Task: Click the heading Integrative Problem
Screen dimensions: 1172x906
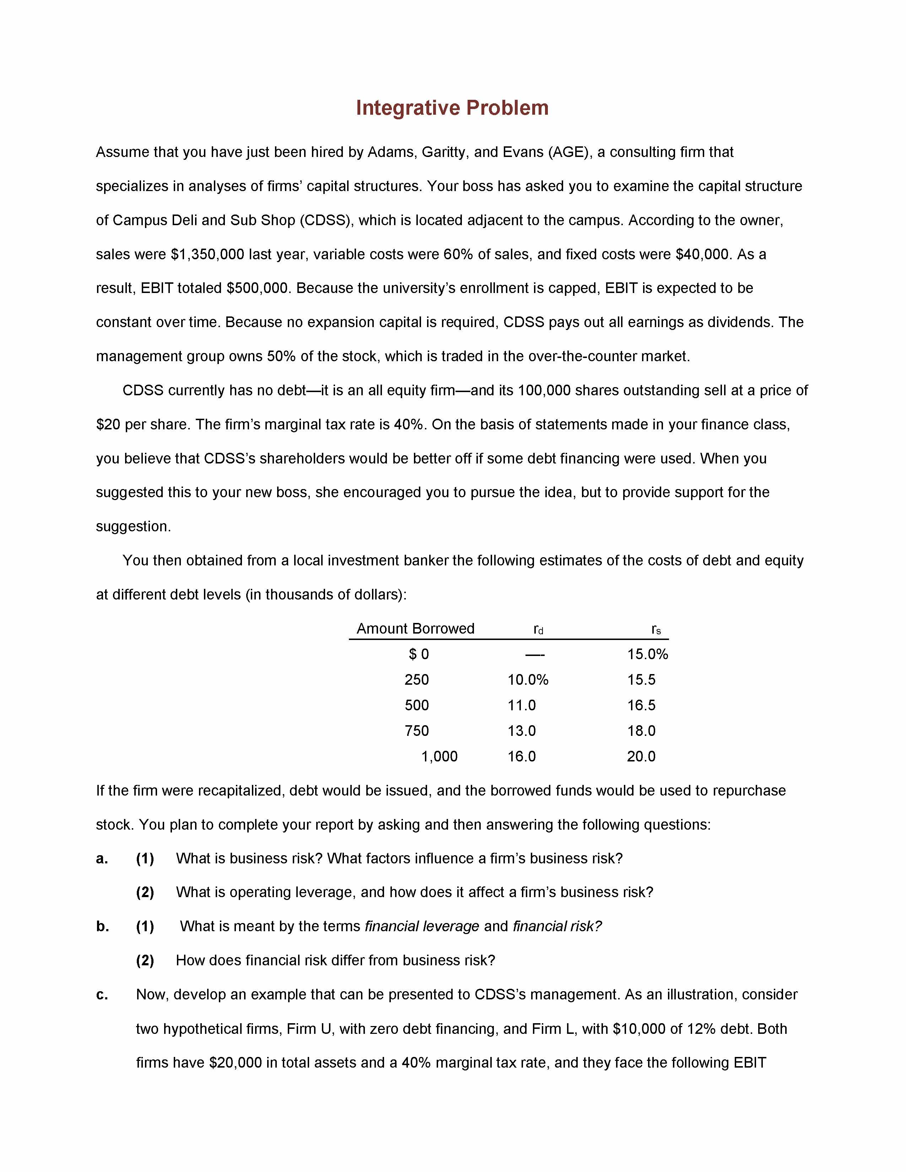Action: click(452, 108)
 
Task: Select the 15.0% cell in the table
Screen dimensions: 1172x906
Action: click(647, 654)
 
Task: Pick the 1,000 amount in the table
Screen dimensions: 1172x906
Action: click(439, 756)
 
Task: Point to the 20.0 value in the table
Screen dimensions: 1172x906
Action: click(641, 756)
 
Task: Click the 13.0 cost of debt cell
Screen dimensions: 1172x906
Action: click(522, 731)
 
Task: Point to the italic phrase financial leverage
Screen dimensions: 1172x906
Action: click(421, 926)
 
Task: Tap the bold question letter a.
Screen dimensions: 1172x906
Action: click(102, 859)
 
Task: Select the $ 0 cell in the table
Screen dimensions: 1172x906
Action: click(419, 654)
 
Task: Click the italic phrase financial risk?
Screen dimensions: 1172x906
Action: click(557, 926)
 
